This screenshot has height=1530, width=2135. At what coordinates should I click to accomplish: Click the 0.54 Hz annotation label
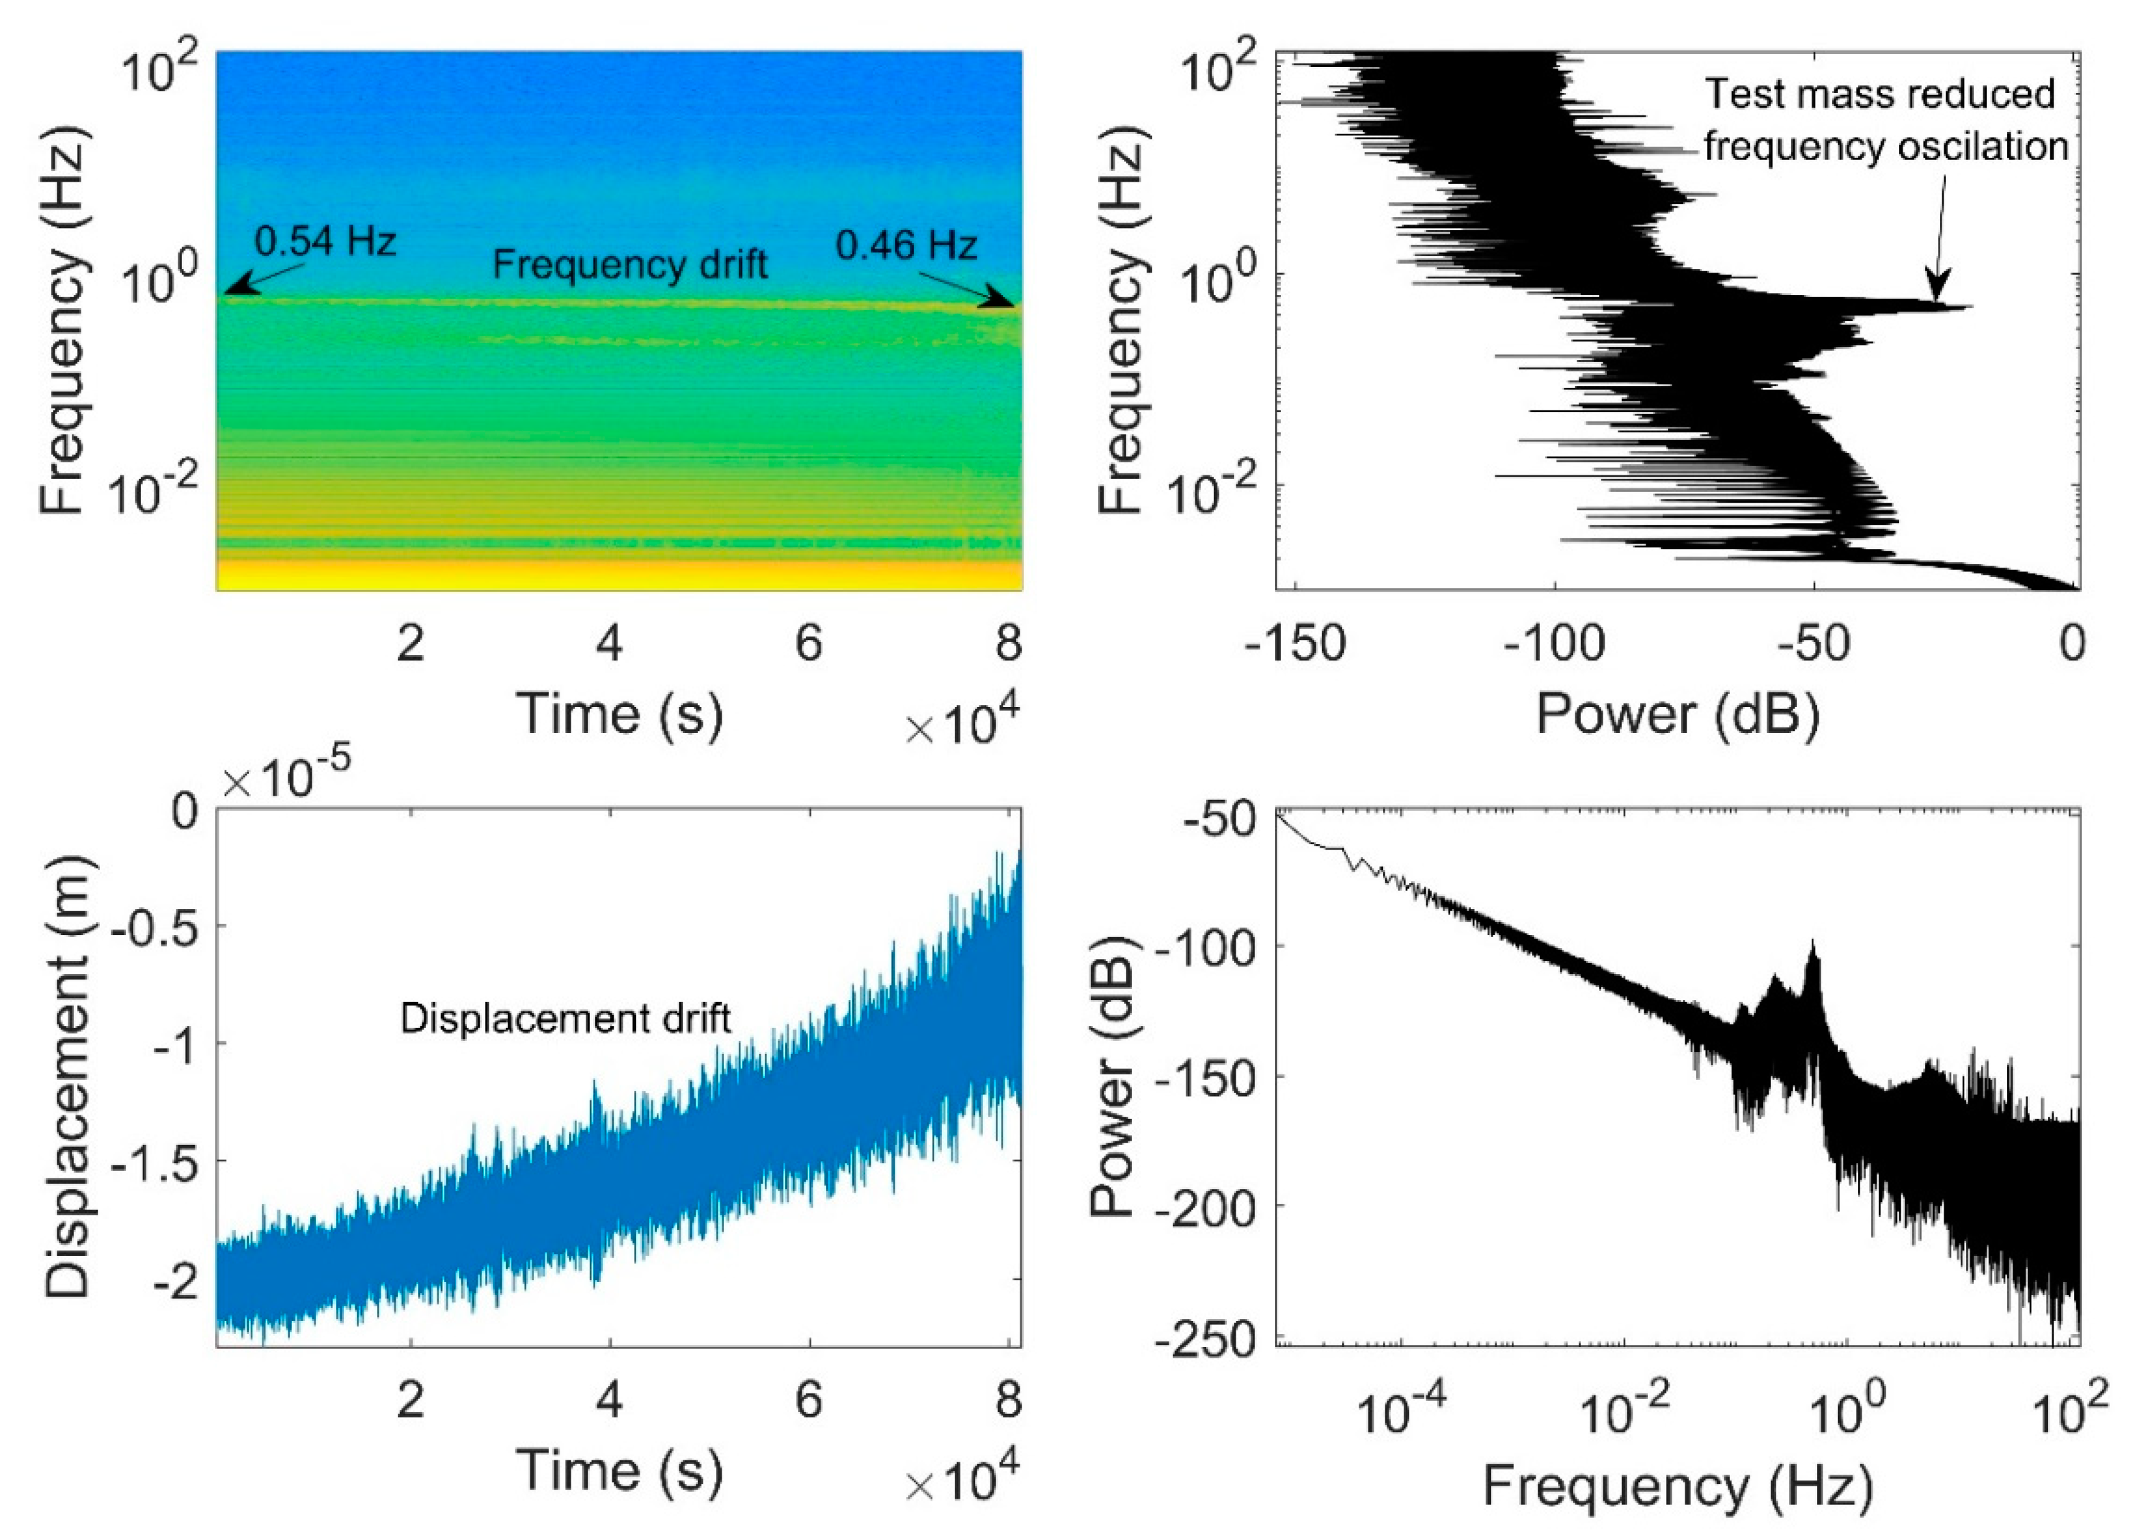[x=325, y=242]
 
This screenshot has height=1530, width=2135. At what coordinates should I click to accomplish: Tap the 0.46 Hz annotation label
[x=906, y=247]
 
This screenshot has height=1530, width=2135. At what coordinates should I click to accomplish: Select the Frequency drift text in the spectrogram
[x=629, y=264]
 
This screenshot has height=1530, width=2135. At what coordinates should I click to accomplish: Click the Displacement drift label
[x=566, y=1019]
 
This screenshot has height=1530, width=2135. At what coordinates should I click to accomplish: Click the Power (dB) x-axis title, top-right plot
[x=1678, y=714]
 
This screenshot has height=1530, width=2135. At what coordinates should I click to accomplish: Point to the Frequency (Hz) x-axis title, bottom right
[x=1678, y=1487]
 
